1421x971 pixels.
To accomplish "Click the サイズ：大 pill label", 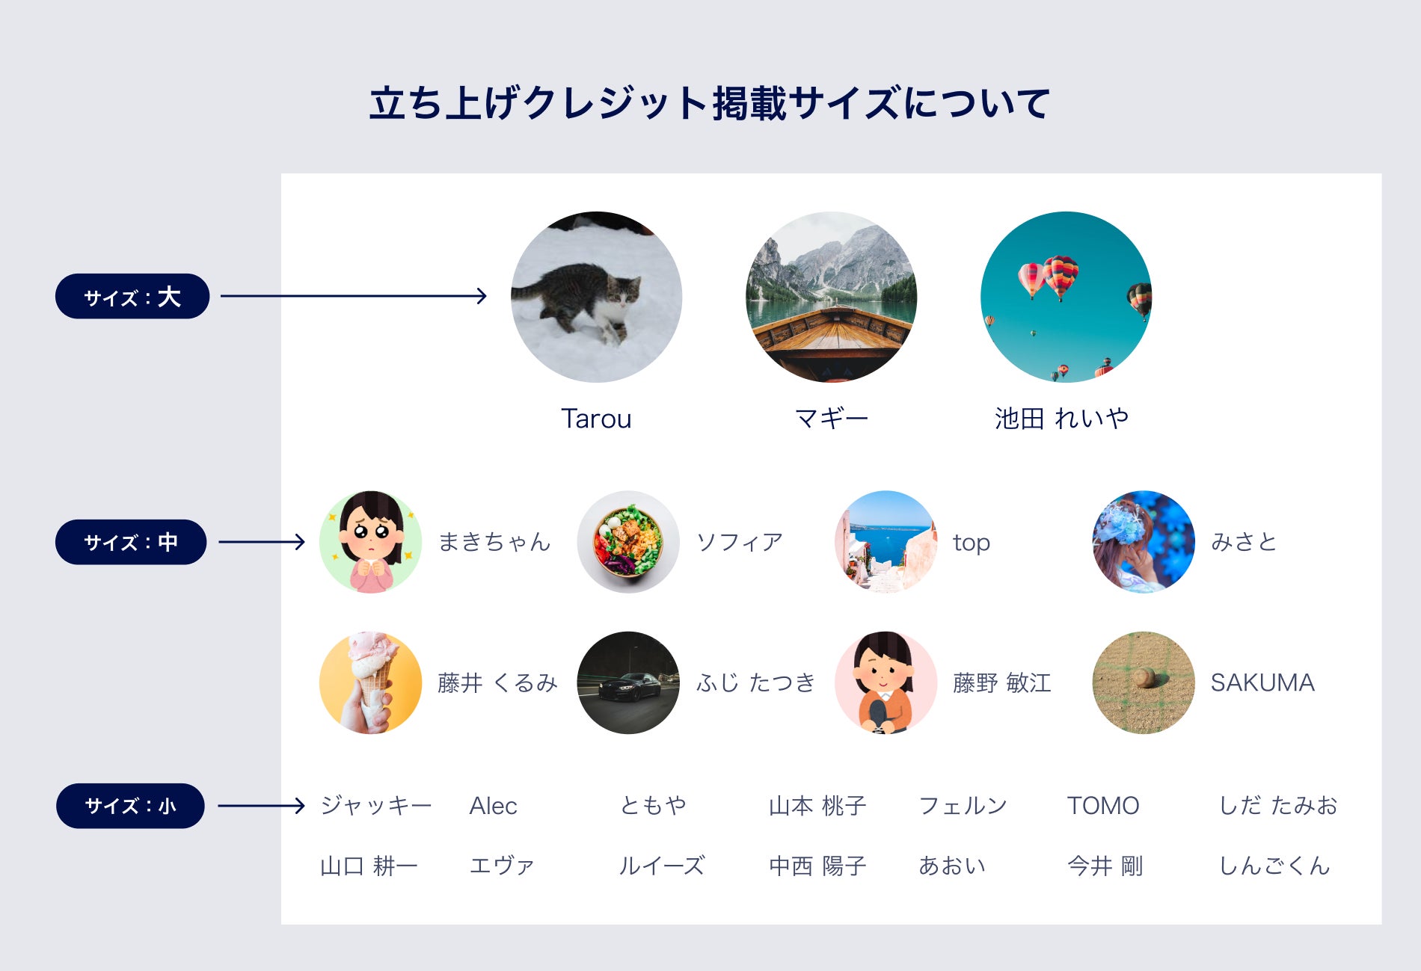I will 132,297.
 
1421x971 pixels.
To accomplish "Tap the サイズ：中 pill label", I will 131,542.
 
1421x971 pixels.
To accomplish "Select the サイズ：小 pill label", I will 130,806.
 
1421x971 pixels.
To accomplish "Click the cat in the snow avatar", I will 596,297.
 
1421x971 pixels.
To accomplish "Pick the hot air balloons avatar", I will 1066,297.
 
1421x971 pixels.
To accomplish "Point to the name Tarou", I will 596,419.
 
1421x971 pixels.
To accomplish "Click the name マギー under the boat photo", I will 831,419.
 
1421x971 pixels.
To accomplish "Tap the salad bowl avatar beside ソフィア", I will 628,542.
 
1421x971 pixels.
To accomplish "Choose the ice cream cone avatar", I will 370,682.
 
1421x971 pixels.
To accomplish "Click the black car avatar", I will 628,682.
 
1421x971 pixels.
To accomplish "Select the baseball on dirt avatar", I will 1144,682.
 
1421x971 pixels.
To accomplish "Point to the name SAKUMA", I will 1262,682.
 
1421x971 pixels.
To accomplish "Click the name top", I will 971,543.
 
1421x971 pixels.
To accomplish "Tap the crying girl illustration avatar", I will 370,542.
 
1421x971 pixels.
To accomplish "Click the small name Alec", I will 493,806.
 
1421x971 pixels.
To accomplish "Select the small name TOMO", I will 1102,806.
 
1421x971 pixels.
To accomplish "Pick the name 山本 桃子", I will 817,806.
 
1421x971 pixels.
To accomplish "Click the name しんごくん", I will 1274,866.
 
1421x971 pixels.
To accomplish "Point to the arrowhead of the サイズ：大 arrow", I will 482,296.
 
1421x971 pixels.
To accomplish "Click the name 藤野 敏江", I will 1001,682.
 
